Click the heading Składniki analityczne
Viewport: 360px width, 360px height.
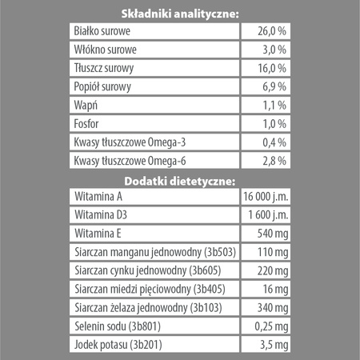pos(178,14)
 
